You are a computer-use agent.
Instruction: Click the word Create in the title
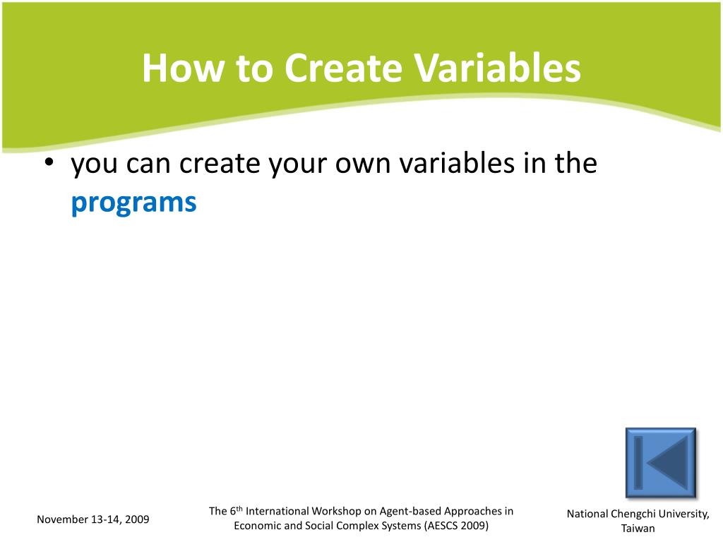(344, 68)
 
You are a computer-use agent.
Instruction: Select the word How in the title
(183, 68)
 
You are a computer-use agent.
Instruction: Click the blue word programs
(133, 203)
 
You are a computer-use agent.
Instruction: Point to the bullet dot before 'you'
(49, 163)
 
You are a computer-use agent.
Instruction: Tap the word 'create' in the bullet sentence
(220, 164)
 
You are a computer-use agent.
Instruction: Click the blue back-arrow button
(660, 463)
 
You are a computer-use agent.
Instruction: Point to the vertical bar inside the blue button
(638, 463)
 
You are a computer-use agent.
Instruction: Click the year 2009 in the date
(137, 519)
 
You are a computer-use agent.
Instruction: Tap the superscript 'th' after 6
(239, 508)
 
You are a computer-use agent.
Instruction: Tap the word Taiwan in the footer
(638, 529)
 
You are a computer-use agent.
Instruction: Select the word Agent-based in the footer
(410, 511)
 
